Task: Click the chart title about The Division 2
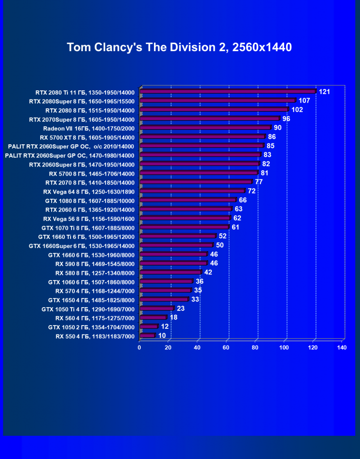tap(179, 47)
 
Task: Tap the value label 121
tap(324, 92)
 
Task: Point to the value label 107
tap(304, 101)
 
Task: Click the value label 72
tap(252, 191)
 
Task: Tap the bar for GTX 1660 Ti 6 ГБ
tap(179, 236)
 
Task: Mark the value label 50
tap(220, 245)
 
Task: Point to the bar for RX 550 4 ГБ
tap(148, 336)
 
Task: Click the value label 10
tap(162, 335)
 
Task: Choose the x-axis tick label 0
tap(139, 348)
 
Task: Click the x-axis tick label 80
tap(255, 348)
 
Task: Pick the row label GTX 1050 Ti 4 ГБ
tap(88, 309)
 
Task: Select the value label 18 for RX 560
tap(174, 317)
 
